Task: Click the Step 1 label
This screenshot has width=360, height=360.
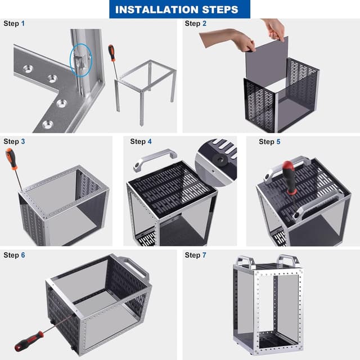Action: click(14, 24)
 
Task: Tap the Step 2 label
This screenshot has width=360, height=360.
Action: click(196, 24)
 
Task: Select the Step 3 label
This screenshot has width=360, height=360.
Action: click(14, 141)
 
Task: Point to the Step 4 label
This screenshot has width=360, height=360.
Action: click(141, 141)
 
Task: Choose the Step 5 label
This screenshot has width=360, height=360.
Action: click(269, 141)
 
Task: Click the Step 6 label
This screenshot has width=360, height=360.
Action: click(14, 255)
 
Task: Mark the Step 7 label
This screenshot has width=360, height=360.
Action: click(196, 255)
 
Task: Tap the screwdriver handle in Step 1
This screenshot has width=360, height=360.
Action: click(111, 53)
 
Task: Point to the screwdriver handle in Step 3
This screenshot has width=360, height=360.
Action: click(11, 158)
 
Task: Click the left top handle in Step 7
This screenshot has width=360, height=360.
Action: click(245, 261)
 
